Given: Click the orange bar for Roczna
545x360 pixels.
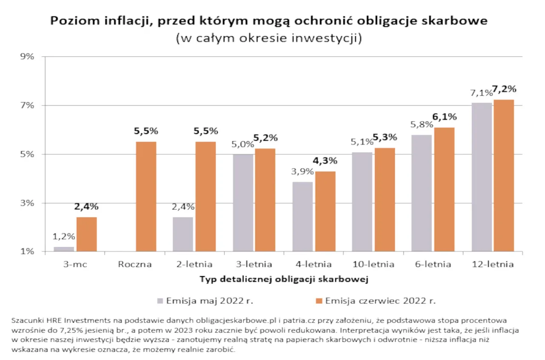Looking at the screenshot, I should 146,197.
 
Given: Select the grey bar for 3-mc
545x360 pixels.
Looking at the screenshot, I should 64,249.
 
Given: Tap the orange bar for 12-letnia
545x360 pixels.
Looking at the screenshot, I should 504,176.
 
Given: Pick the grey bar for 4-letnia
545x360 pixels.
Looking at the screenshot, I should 302,217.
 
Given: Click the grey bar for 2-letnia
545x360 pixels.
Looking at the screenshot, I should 183,234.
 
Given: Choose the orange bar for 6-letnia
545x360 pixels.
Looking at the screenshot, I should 444,190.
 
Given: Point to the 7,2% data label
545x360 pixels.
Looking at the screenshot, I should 504,89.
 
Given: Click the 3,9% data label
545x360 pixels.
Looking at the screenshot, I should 303,171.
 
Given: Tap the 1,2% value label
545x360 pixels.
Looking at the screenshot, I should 64,236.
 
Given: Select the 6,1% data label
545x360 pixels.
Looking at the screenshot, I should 445,117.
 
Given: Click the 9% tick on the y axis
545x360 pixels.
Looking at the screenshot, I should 27,57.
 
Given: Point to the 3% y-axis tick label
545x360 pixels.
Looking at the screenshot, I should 27,203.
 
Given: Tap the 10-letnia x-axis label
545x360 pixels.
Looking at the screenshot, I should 373,264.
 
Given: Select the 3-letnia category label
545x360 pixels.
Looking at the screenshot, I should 254,264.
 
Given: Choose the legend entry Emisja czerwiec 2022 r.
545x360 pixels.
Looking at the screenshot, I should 379,301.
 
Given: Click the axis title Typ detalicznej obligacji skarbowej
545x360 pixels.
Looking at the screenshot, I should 284,280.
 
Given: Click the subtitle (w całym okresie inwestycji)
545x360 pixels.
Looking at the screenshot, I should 269,38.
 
